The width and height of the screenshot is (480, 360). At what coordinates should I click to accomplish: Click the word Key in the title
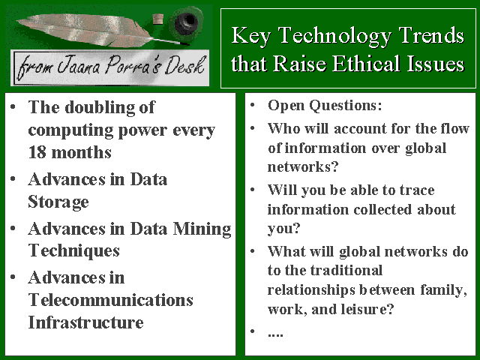click(251, 37)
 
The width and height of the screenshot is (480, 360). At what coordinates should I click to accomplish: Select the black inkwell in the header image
click(186, 22)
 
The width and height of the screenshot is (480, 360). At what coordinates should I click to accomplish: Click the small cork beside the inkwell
click(158, 19)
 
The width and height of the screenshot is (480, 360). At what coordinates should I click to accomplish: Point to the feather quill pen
click(98, 30)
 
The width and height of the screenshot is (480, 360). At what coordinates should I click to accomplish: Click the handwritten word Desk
click(185, 65)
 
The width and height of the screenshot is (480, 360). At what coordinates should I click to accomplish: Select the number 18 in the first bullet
click(37, 152)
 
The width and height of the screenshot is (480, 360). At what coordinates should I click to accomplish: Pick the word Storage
click(58, 202)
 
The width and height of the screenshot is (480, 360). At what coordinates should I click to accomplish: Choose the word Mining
click(202, 229)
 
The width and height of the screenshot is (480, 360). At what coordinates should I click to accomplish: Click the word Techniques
click(73, 251)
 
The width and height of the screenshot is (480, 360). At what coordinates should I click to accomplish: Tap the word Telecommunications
click(110, 300)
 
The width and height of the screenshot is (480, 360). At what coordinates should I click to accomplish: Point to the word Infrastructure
click(85, 322)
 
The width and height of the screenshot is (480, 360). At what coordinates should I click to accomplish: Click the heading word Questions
click(346, 106)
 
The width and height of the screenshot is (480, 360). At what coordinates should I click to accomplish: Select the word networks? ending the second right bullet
click(303, 166)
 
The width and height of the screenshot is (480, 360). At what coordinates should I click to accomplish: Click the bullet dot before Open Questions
click(253, 105)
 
